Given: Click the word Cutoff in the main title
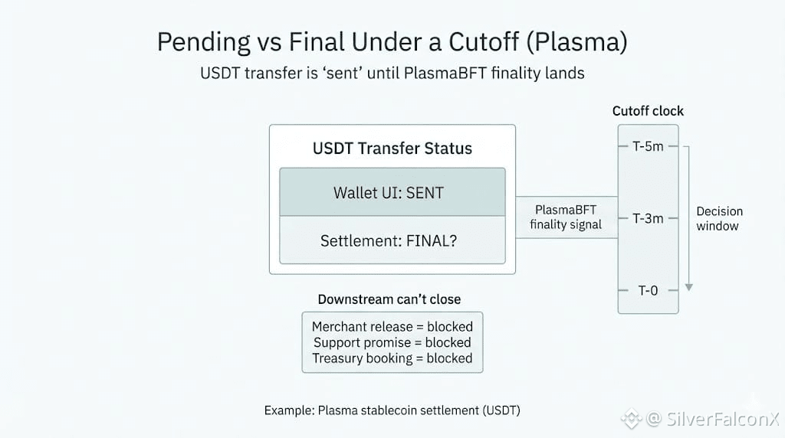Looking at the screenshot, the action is coord(484,41).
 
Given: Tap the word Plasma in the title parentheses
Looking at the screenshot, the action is coord(576,41).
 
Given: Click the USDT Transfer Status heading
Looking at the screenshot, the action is coord(392,149).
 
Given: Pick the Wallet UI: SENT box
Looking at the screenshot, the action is coord(392,192).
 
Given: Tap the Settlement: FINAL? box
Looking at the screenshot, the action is coord(392,240).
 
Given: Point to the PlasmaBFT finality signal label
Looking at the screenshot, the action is coord(566,217).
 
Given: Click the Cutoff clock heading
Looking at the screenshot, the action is coord(648,111).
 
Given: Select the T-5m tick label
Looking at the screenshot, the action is coord(648,146).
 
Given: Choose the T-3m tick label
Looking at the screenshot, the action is coord(648,218).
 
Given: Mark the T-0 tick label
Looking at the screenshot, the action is coord(648,290).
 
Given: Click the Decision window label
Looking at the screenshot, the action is coord(719,218).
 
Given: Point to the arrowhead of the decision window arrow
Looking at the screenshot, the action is coord(689,287).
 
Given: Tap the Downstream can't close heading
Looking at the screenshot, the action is coord(389,299).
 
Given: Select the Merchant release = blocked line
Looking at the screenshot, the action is coord(392,326).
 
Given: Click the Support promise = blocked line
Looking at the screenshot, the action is coord(392,342).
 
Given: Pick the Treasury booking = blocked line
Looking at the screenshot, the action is coord(392,358).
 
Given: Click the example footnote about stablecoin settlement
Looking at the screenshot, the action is coord(392,410).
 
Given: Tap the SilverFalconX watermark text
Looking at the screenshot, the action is coord(714,419).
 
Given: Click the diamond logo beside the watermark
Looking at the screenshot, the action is coord(631,419).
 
